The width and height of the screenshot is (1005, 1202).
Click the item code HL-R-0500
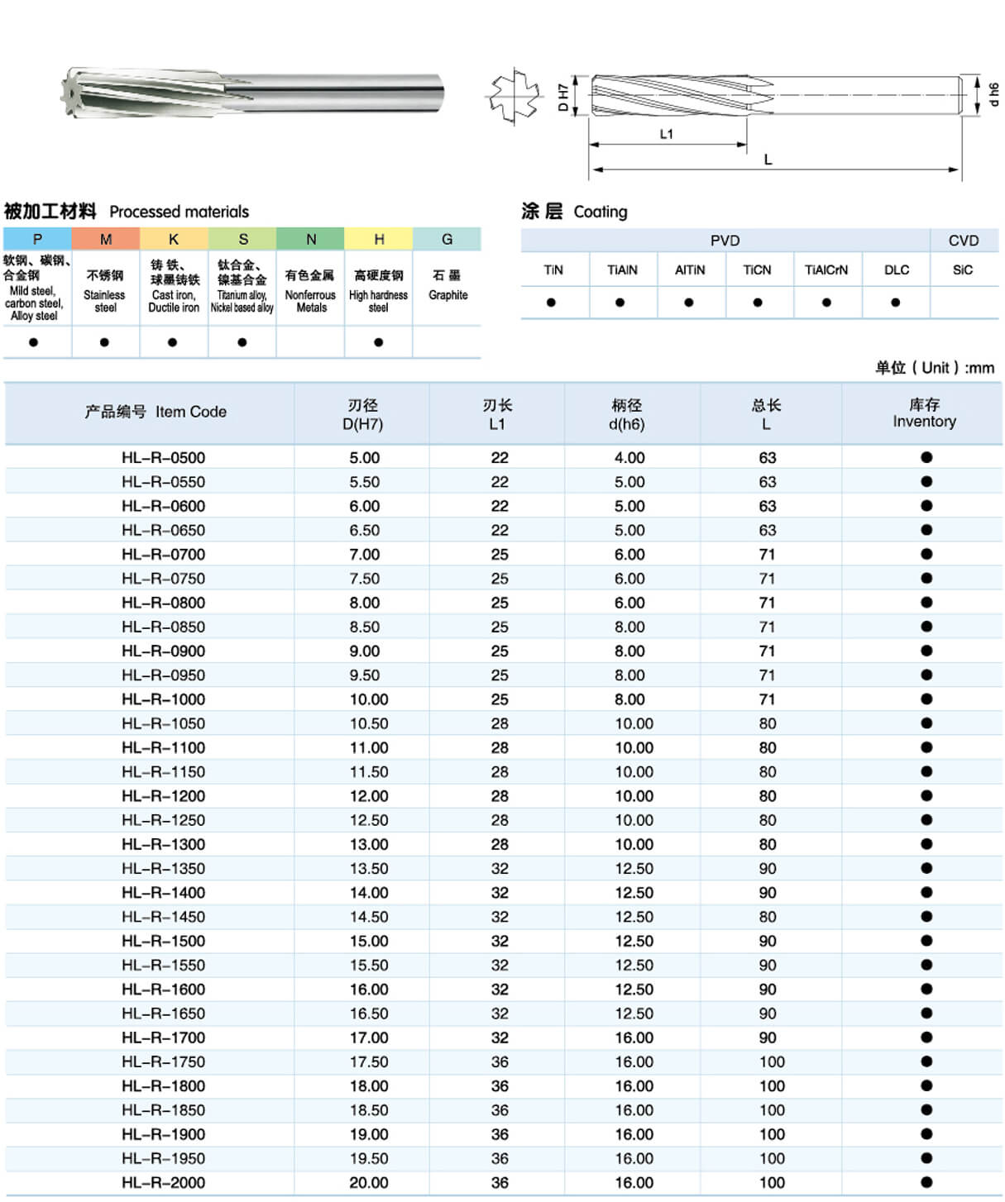(163, 458)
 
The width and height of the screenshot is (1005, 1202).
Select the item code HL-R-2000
(163, 1183)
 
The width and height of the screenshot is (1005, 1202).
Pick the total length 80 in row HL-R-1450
(768, 917)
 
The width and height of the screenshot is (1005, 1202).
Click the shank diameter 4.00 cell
(629, 458)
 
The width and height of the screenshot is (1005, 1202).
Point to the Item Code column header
(156, 412)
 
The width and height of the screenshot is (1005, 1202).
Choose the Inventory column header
(924, 413)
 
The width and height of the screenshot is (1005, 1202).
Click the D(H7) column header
(362, 414)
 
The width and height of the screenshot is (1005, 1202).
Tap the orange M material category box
(106, 239)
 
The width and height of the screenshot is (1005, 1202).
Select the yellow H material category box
(379, 239)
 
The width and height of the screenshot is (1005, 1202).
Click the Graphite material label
(447, 295)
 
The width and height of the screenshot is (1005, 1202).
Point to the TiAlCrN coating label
(826, 269)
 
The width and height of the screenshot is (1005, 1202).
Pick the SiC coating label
(963, 269)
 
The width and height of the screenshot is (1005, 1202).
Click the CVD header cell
(963, 241)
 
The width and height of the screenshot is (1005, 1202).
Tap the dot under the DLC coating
(896, 303)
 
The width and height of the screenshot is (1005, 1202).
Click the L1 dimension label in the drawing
(667, 134)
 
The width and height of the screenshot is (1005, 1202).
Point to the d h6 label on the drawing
(993, 94)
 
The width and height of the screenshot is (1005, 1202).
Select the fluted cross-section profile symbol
(513, 96)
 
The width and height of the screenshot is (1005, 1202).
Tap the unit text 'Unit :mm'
(935, 368)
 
